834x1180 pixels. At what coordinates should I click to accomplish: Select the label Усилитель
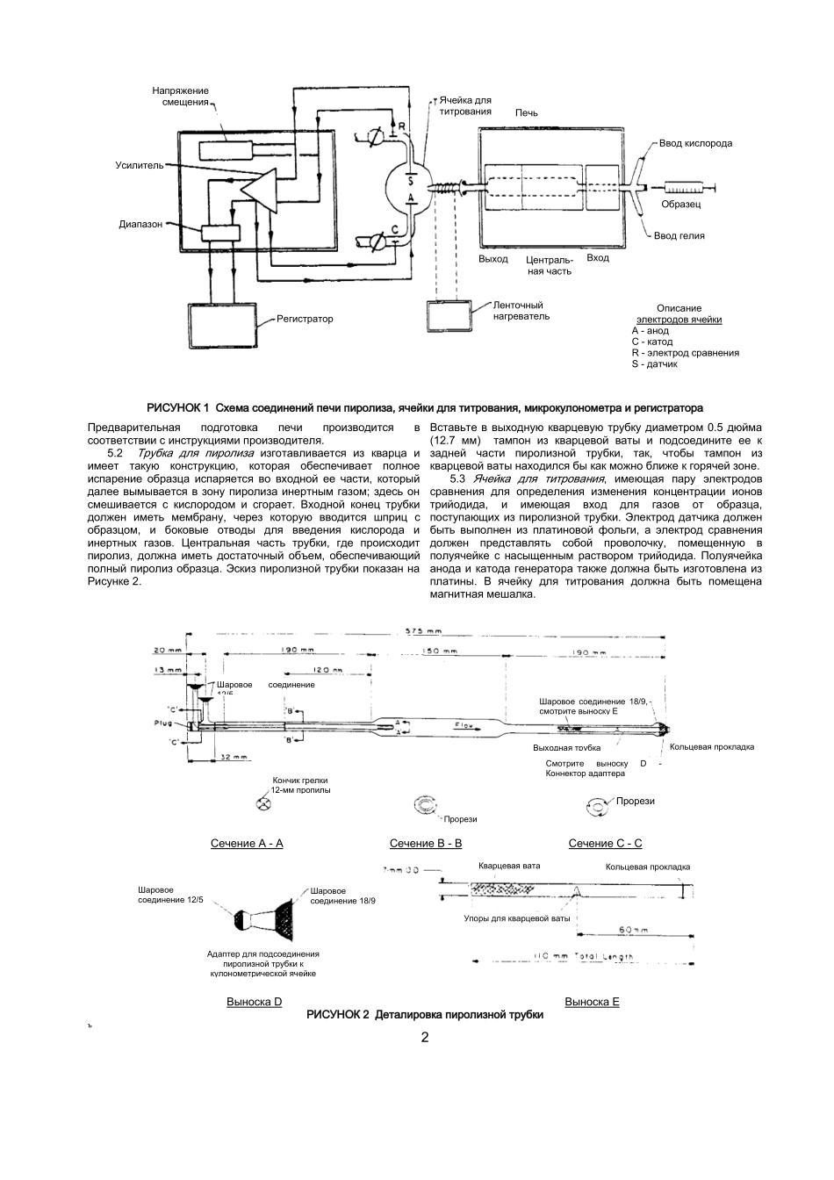[139, 165]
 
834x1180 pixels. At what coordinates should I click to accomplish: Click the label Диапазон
[140, 225]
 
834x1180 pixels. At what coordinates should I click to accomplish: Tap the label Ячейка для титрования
[465, 106]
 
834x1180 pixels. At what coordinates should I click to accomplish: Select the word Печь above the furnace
[527, 113]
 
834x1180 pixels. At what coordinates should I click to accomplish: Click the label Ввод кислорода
[695, 143]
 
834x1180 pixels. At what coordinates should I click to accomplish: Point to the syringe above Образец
[690, 187]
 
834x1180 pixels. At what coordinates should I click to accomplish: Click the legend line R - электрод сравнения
[685, 353]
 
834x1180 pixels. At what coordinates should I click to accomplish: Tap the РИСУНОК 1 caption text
[425, 408]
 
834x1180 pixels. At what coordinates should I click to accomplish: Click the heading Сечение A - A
[247, 844]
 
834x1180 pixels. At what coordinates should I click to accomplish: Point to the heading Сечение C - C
[605, 844]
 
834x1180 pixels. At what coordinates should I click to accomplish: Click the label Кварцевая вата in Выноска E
[509, 867]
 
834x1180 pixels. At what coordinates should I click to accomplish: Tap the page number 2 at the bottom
[425, 1038]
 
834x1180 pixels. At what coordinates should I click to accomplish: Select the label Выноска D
[254, 1002]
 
